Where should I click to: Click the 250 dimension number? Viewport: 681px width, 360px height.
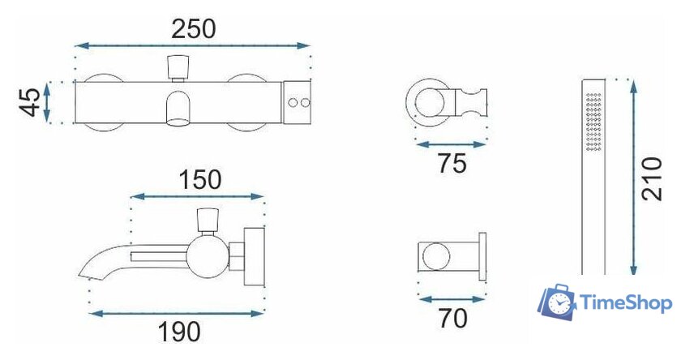[x=194, y=28]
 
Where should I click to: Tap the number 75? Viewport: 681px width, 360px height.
[x=451, y=165]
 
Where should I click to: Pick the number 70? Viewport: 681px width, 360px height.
[x=451, y=319]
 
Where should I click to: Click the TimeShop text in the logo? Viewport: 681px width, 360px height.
[x=626, y=304]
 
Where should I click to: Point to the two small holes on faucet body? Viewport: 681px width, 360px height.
[x=299, y=103]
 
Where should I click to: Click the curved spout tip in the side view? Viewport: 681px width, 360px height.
[x=88, y=270]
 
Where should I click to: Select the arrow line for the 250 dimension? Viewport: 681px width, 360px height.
[x=194, y=46]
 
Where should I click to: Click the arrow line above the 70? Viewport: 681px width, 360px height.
[x=451, y=298]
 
